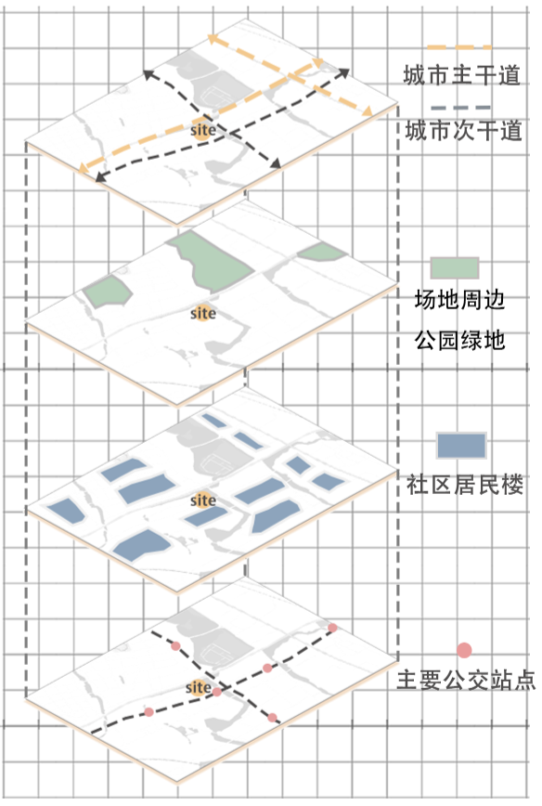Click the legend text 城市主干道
(461, 75)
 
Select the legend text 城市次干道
(463, 131)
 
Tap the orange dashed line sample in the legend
(459, 47)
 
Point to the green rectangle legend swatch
(455, 267)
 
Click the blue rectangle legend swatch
(461, 445)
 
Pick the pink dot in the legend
(464, 650)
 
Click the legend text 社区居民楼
(464, 484)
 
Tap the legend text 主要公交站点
(466, 680)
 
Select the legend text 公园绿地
(459, 340)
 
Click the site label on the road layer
(203, 131)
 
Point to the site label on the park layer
(203, 313)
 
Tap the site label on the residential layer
(203, 500)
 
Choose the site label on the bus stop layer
(198, 687)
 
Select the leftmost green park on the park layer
(107, 292)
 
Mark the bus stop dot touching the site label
(217, 692)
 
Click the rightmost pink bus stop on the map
(332, 628)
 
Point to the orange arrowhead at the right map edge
(367, 111)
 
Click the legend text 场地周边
(459, 300)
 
